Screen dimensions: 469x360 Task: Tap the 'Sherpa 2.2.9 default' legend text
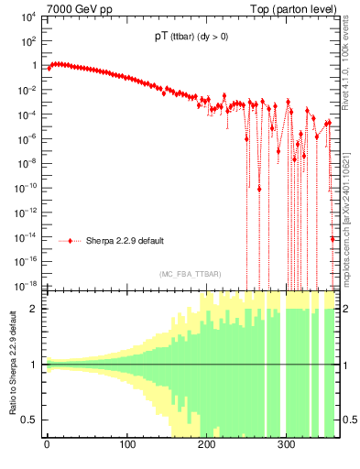(x=125, y=241)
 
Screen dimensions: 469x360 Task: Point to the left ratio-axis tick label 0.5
(x=30, y=420)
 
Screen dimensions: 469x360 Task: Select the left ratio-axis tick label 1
(x=34, y=365)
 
